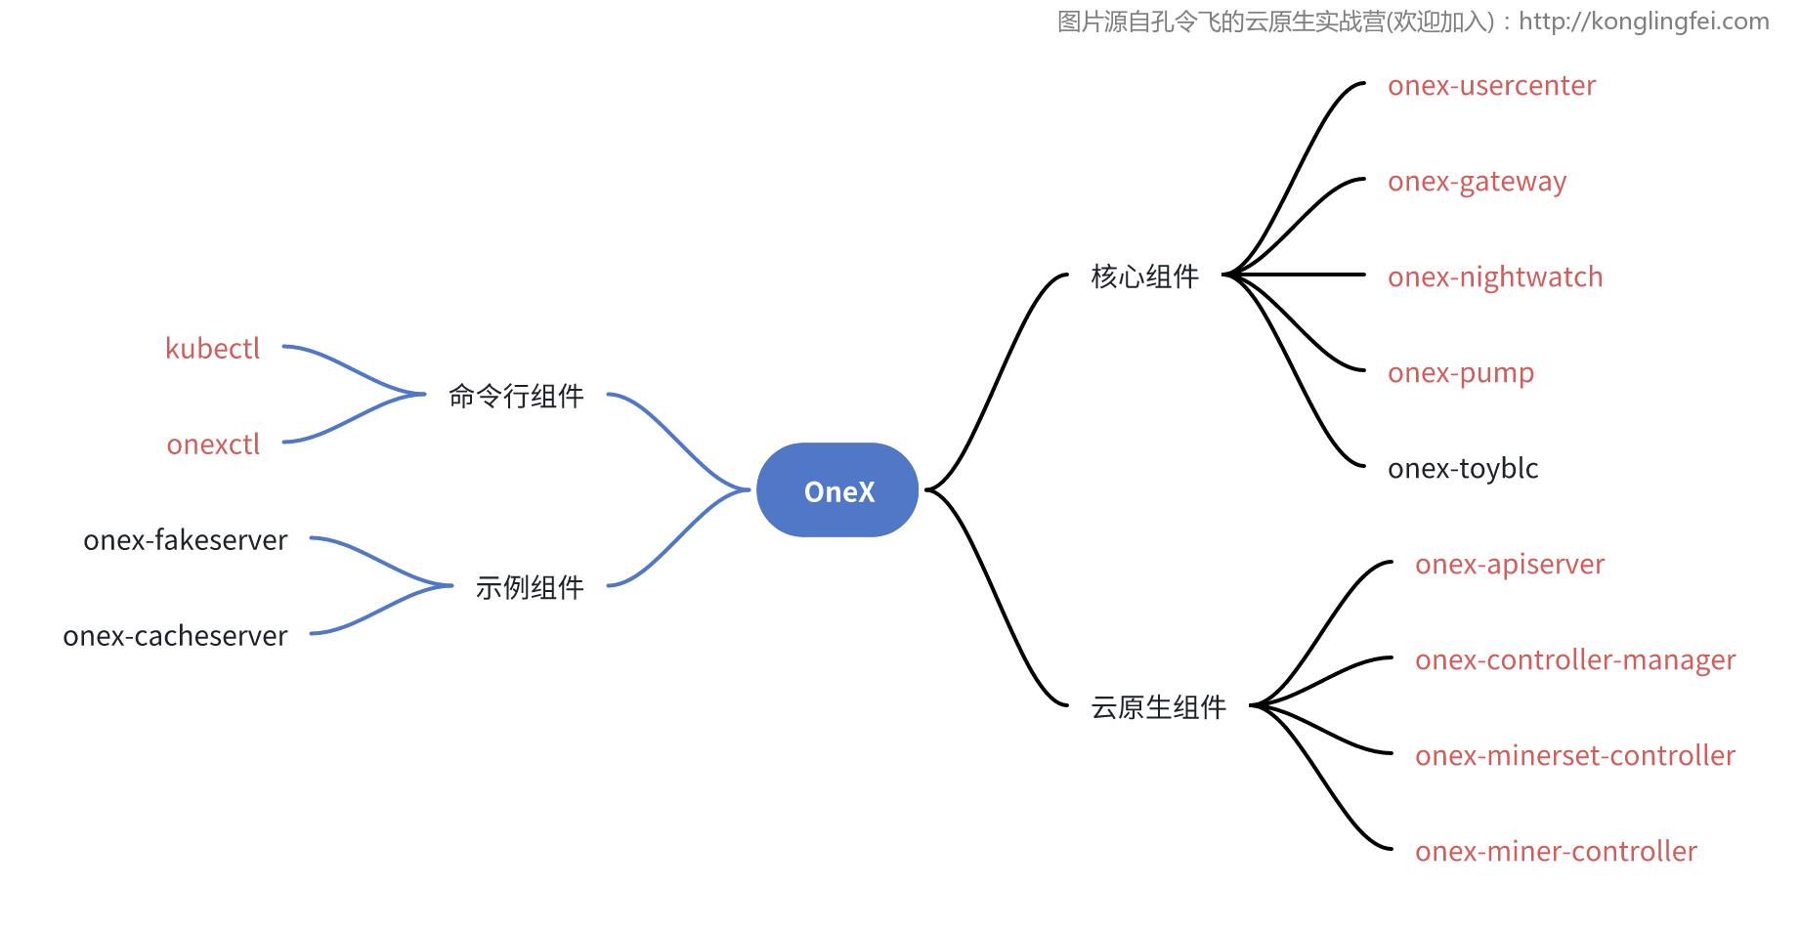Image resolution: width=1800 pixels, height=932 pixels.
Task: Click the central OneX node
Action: pyautogui.click(x=837, y=490)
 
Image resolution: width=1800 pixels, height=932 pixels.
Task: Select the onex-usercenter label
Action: pyautogui.click(x=1491, y=86)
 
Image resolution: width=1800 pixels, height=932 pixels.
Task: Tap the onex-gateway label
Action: pyautogui.click(x=1477, y=182)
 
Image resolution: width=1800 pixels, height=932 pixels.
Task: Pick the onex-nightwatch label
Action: pyautogui.click(x=1495, y=277)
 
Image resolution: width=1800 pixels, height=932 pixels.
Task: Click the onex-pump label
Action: pyautogui.click(x=1461, y=373)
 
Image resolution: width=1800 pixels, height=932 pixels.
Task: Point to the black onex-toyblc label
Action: pyautogui.click(x=1463, y=469)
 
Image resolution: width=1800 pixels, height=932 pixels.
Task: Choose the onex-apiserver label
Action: pyautogui.click(x=1510, y=565)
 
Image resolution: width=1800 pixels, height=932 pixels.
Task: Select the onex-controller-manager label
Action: pyautogui.click(x=1575, y=660)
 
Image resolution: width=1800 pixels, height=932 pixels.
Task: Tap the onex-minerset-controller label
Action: pyautogui.click(x=1575, y=756)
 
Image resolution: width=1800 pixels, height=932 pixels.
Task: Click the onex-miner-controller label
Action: pyautogui.click(x=1556, y=852)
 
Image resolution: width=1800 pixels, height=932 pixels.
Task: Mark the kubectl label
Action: pyautogui.click(x=213, y=349)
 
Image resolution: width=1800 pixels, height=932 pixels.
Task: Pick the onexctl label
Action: pyautogui.click(x=213, y=445)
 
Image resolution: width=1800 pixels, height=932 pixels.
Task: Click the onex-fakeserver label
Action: pyautogui.click(x=186, y=540)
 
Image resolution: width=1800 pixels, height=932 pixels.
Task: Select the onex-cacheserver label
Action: pyautogui.click(x=176, y=636)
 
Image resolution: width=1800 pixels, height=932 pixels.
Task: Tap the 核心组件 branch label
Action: pyautogui.click(x=1144, y=276)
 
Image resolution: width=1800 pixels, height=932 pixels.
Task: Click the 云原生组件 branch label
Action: pyautogui.click(x=1158, y=707)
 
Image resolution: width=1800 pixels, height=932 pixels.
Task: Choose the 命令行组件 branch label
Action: pyautogui.click(x=516, y=396)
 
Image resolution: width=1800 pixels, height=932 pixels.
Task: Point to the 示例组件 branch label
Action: pyautogui.click(x=530, y=587)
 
